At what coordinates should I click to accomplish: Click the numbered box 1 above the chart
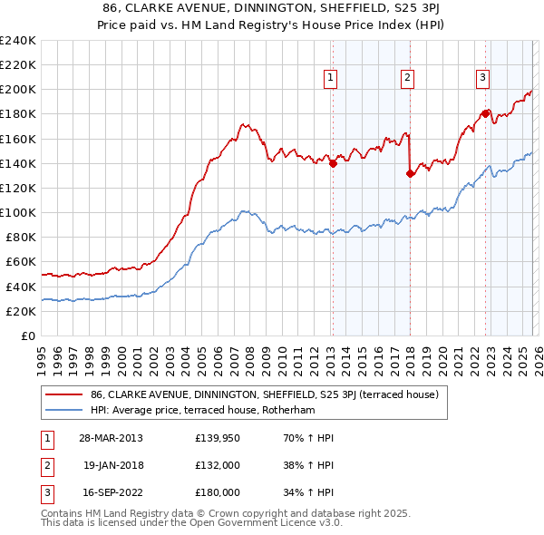click(331, 79)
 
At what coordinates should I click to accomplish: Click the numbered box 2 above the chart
click(408, 79)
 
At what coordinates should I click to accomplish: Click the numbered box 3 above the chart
click(483, 79)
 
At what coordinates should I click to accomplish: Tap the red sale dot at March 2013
click(333, 163)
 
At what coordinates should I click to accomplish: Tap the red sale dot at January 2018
click(410, 173)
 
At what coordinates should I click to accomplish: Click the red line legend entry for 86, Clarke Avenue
click(264, 394)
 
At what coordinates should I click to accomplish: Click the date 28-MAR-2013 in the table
click(112, 438)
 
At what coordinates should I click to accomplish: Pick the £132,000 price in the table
click(218, 465)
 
